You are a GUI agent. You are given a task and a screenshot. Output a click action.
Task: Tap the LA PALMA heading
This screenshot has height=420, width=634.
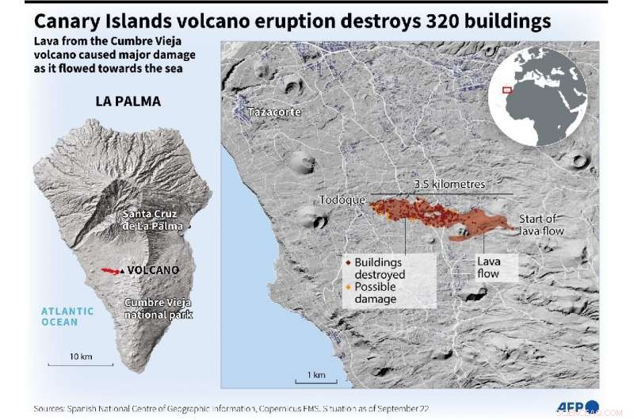(x=128, y=101)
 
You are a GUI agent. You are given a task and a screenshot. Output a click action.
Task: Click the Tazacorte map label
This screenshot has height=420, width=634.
(x=273, y=112)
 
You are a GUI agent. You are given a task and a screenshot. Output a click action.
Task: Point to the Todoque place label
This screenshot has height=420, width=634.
(x=342, y=200)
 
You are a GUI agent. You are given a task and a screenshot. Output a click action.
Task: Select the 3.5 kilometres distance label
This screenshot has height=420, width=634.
(x=449, y=184)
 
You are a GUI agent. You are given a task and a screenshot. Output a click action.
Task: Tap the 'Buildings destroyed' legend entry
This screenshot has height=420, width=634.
(x=380, y=268)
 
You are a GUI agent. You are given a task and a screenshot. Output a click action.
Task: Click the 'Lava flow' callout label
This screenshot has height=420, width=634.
(x=488, y=267)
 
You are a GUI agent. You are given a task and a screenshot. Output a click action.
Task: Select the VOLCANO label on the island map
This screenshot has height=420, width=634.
(x=153, y=270)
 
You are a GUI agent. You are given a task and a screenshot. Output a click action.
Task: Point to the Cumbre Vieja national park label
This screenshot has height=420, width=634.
(x=158, y=308)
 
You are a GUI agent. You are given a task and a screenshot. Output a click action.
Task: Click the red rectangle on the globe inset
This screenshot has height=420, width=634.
(x=507, y=90)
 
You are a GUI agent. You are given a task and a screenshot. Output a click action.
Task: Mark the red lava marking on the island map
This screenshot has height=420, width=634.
(x=110, y=270)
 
